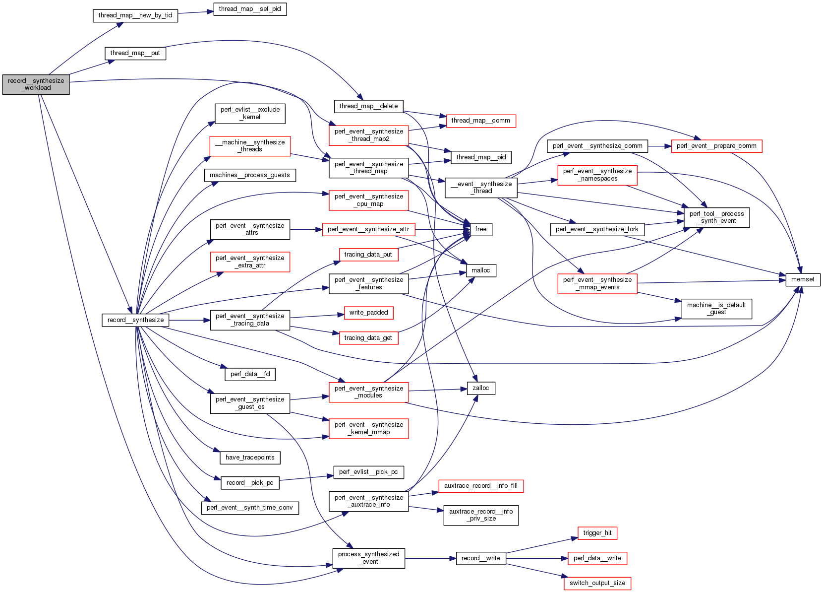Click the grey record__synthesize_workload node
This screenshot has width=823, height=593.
tap(36, 84)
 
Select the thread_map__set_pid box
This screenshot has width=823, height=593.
tap(250, 9)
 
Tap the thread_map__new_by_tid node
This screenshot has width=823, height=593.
tap(135, 15)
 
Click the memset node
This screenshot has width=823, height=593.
tap(803, 279)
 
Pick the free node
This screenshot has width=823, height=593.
tap(480, 229)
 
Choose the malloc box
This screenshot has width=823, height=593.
tap(480, 270)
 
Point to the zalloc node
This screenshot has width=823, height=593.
tap(480, 388)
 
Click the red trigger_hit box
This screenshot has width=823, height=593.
tap(597, 533)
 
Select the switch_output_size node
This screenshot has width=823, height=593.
tap(597, 583)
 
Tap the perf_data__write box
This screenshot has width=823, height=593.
tap(597, 558)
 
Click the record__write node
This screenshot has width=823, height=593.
tap(480, 558)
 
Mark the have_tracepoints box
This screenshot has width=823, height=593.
tap(250, 458)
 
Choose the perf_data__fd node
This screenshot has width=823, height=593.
tap(250, 374)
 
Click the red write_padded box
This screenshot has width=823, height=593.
tap(368, 313)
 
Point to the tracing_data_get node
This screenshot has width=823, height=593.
tap(368, 338)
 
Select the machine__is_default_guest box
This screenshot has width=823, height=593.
tap(716, 309)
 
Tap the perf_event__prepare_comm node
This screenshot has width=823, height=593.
tap(716, 146)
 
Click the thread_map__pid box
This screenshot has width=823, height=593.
tap(481, 157)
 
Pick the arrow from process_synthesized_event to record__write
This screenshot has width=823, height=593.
tap(430, 558)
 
